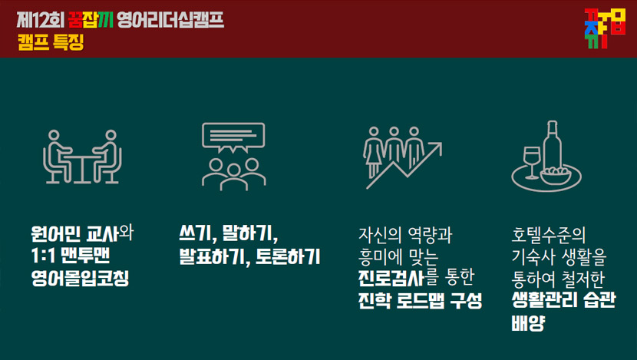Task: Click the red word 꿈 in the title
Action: (x=75, y=20)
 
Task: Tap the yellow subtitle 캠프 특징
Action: (x=51, y=42)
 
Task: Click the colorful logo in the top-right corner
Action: (x=605, y=28)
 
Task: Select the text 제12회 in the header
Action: (x=41, y=20)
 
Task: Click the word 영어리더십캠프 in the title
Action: (x=170, y=20)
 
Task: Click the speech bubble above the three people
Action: (x=233, y=137)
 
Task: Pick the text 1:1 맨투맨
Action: (x=71, y=256)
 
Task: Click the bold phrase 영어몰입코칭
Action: (x=80, y=279)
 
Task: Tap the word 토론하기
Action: (x=288, y=256)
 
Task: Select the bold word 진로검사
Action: (x=391, y=278)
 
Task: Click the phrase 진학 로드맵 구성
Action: (x=420, y=300)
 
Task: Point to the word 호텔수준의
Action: (x=549, y=235)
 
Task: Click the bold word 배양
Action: (x=528, y=323)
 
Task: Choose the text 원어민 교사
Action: (x=75, y=233)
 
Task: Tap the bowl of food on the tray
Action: (x=556, y=175)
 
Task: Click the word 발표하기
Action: (x=213, y=256)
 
